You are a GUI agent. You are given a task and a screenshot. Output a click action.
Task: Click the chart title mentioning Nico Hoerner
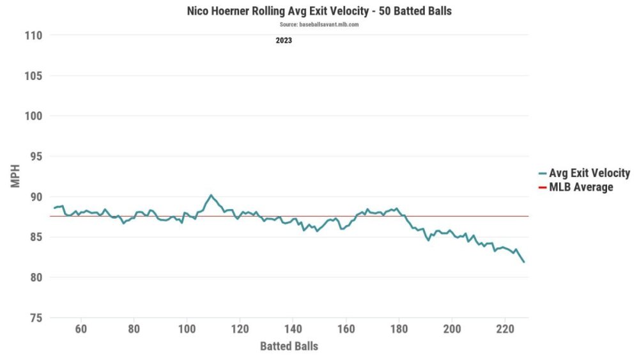[x=319, y=12]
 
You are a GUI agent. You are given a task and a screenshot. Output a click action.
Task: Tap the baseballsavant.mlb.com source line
[x=319, y=24]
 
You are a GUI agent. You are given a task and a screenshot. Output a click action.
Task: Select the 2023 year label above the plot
[x=284, y=40]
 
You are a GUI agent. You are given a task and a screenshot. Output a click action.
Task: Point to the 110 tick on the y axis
[x=34, y=36]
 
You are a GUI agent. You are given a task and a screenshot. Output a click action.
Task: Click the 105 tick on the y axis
[x=34, y=76]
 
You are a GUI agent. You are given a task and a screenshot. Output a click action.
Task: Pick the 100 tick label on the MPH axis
[x=34, y=116]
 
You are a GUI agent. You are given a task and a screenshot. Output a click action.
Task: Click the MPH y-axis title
[x=15, y=177]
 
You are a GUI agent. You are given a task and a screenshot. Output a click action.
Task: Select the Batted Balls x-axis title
[x=289, y=347]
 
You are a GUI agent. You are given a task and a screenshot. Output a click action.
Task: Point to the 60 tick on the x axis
[x=81, y=329]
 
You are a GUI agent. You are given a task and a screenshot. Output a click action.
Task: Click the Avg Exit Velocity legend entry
[x=589, y=173]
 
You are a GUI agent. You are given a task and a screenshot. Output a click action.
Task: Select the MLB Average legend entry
[x=581, y=187]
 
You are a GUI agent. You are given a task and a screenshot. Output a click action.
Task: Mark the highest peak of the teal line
[x=211, y=195]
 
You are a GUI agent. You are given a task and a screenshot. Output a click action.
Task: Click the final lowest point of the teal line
[x=524, y=262]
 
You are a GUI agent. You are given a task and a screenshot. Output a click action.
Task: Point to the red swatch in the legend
[x=543, y=187]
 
